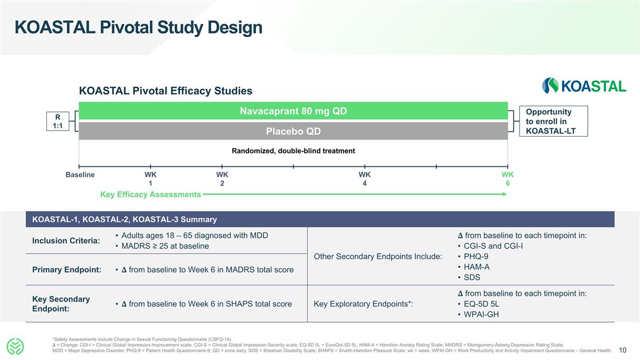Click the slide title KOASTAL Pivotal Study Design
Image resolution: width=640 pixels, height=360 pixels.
[x=139, y=28]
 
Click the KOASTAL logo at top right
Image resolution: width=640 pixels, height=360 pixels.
[x=584, y=86]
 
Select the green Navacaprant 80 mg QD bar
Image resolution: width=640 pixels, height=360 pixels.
[x=293, y=111]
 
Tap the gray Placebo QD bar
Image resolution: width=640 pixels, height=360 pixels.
[x=293, y=131]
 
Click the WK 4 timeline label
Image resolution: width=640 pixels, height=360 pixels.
[x=364, y=179]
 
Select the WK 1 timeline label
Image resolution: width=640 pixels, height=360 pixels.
[x=150, y=179]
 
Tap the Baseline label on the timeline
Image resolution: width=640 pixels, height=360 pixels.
[x=80, y=175]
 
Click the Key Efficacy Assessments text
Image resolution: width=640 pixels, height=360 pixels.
[x=150, y=195]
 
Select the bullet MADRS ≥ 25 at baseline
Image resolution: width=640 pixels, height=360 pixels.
[x=165, y=246]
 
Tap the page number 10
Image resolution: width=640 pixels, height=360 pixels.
[x=622, y=350]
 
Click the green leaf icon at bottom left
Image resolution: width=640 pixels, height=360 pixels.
[x=16, y=347]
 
